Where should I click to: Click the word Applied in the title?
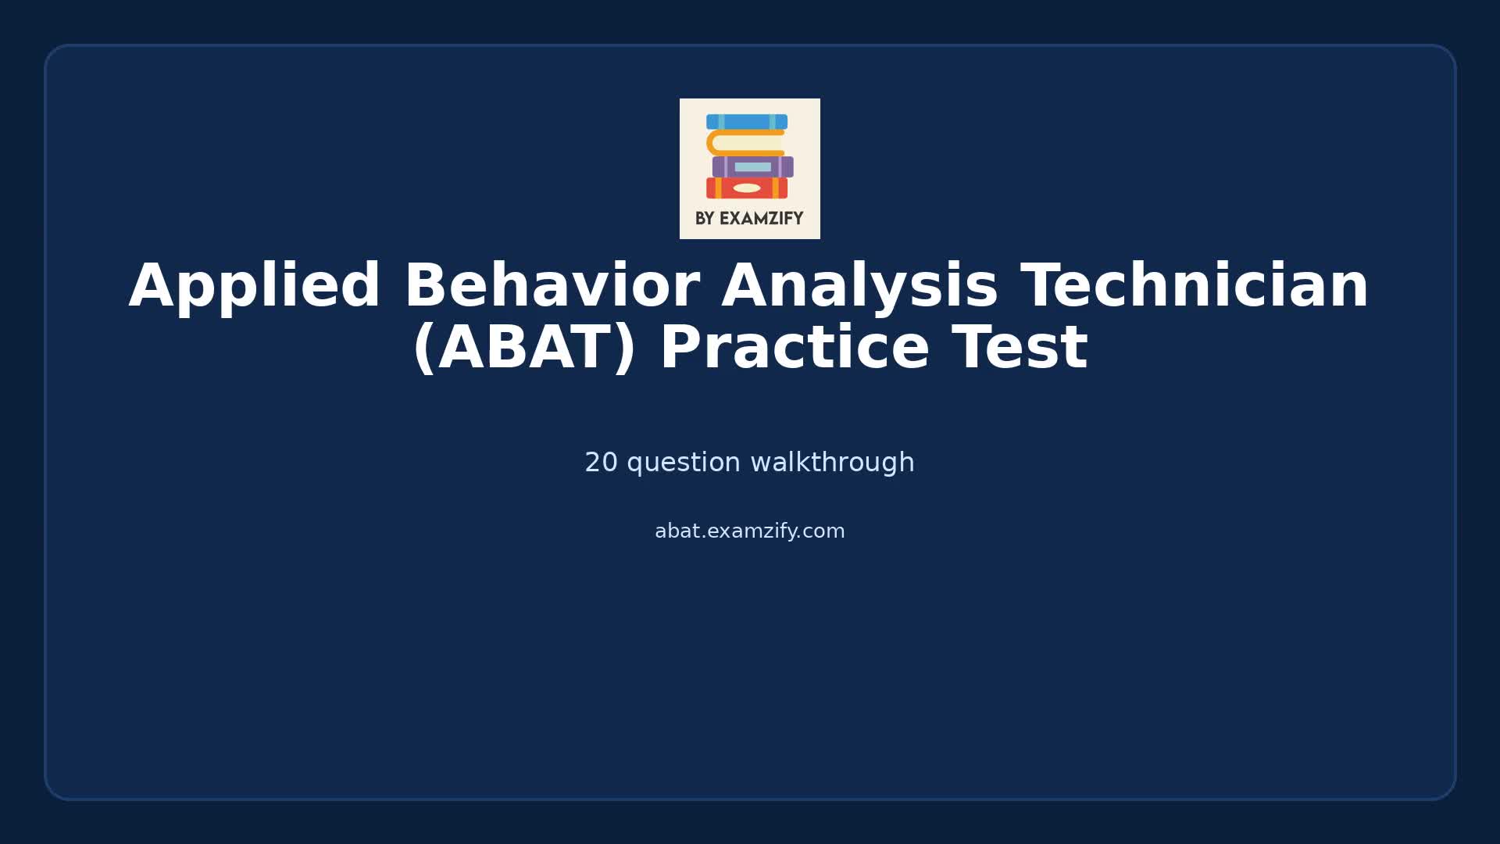(255, 287)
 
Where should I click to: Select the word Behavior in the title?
(551, 287)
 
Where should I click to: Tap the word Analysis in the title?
(859, 287)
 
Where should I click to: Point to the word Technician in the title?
(1195, 287)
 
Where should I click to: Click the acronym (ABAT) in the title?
(524, 349)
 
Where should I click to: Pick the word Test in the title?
(1020, 349)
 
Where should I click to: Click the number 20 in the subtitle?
(601, 463)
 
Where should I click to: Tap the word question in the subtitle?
(684, 463)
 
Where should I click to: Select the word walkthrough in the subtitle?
(832, 463)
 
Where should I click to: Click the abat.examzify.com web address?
(749, 531)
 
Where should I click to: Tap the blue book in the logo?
(746, 122)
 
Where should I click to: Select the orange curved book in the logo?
(745, 143)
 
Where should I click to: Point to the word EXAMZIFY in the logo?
(761, 219)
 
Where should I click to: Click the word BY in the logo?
(705, 219)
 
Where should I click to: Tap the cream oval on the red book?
(747, 188)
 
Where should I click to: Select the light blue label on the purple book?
(752, 166)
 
